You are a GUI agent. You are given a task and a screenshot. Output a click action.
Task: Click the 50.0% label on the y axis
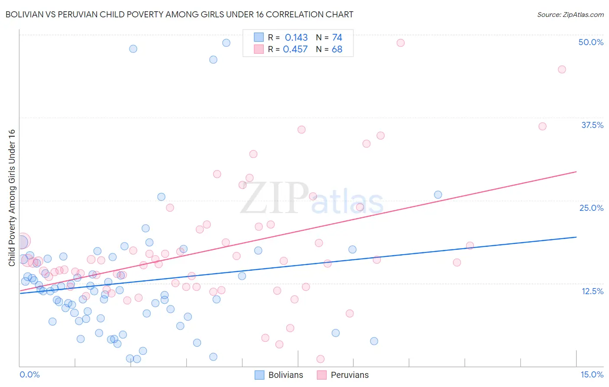(x=591, y=42)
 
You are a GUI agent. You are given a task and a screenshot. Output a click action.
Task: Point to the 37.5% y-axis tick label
(x=592, y=125)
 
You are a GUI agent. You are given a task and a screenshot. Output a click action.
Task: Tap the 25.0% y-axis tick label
(x=591, y=208)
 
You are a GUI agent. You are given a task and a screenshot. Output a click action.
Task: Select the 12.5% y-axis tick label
(x=592, y=291)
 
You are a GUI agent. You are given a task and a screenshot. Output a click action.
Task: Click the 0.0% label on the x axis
(x=29, y=374)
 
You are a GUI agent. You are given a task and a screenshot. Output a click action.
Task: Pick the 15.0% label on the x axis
(x=592, y=374)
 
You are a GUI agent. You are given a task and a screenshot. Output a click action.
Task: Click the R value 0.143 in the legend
(x=296, y=38)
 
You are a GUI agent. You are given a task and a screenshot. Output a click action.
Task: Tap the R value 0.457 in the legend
(x=295, y=49)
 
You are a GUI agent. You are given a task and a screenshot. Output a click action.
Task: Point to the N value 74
(x=337, y=38)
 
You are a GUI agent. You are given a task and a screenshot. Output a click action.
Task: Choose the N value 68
(x=337, y=49)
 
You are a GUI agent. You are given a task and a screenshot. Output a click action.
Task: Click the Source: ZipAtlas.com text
(x=570, y=14)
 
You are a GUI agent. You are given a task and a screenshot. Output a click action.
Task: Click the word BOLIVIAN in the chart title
(x=27, y=14)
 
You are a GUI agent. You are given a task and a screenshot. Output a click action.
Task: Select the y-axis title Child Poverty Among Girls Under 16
(x=12, y=197)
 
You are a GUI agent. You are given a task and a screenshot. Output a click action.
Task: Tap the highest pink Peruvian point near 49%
(x=401, y=43)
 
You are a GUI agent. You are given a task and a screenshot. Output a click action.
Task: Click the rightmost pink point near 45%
(x=562, y=69)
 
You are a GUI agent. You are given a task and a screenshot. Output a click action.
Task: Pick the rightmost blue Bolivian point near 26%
(x=438, y=195)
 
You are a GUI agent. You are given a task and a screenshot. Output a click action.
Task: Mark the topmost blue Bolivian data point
(x=226, y=43)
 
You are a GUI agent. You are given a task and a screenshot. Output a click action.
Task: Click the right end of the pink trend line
(x=576, y=172)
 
